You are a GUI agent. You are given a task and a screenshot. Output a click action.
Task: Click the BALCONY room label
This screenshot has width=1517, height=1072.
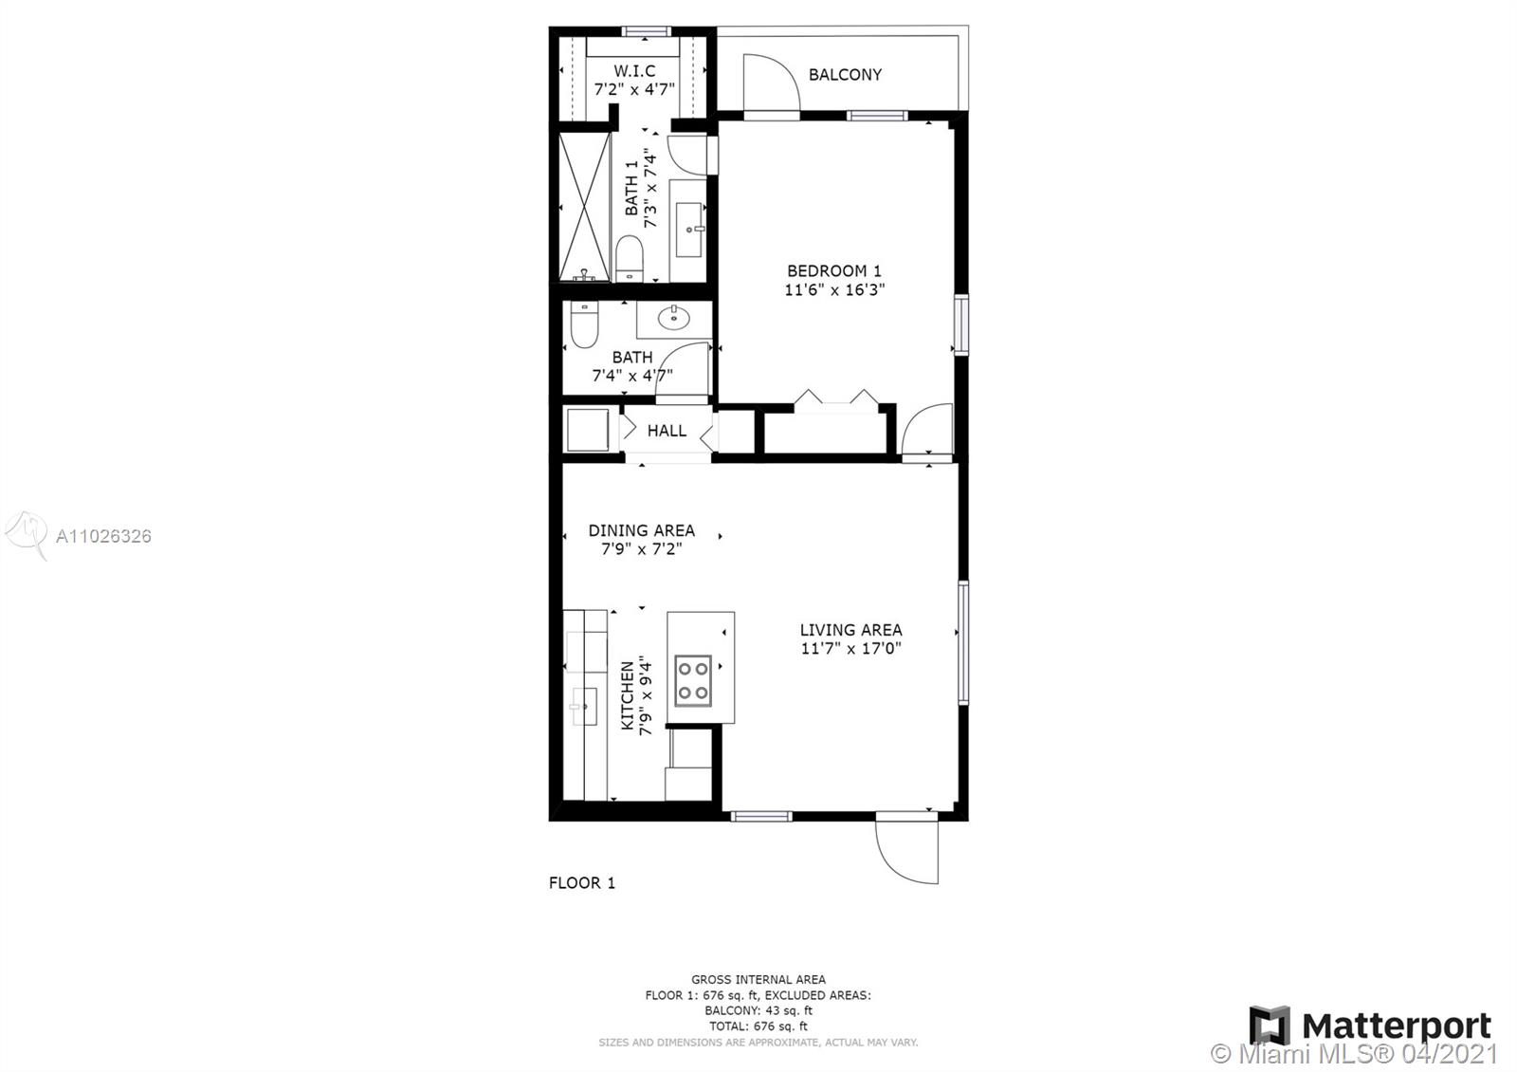845,75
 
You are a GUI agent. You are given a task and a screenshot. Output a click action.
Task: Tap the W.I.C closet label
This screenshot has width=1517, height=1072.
634,70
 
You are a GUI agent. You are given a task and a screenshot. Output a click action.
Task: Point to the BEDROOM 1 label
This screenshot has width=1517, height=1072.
834,271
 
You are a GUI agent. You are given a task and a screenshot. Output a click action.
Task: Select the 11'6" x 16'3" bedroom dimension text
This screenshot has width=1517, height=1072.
834,290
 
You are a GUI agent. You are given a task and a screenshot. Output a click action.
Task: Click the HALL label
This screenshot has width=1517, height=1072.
667,431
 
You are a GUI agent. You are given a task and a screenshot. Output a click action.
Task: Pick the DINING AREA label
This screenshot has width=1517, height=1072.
641,530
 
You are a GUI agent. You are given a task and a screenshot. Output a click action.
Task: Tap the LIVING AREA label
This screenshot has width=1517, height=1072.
851,630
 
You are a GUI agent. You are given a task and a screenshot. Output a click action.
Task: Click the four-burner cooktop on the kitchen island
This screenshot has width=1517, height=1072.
693,681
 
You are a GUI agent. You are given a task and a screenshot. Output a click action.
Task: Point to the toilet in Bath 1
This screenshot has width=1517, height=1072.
630,258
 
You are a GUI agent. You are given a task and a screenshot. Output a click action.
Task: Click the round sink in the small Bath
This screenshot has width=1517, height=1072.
673,317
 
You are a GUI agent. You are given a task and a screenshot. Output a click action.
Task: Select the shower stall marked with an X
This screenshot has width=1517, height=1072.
584,207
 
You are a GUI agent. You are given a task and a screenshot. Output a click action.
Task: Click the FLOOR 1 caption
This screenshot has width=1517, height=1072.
582,883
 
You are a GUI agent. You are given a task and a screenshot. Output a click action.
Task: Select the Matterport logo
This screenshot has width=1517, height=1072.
1370,1026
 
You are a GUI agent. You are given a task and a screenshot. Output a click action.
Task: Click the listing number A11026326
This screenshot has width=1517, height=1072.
103,536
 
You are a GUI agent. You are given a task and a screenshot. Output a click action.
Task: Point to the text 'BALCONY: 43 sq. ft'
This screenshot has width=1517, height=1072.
758,1010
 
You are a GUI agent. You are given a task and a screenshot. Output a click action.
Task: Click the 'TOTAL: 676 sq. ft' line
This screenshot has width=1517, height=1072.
758,1026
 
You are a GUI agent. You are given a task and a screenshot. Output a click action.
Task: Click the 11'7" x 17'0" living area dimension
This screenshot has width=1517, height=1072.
851,649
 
